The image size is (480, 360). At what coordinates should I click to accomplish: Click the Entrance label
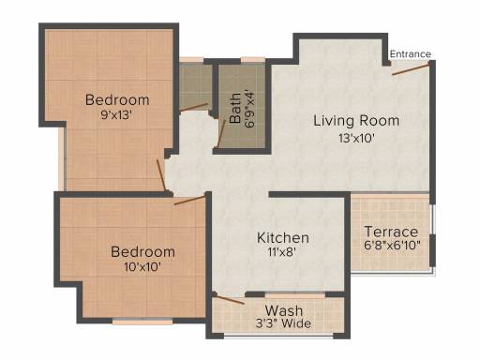411,54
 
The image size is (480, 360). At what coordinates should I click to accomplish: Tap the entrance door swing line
411,69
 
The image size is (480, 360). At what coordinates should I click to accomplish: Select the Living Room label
356,121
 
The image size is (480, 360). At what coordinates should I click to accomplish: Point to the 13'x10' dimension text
356,138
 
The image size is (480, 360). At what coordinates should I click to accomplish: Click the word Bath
235,108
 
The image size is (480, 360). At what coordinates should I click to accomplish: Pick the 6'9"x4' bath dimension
250,109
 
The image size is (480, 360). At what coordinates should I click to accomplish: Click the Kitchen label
283,238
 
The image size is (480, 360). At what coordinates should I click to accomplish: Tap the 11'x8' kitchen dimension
281,252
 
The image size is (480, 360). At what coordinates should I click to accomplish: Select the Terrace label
391,232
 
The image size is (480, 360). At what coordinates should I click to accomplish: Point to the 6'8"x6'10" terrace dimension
392,245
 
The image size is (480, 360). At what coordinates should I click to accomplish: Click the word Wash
284,311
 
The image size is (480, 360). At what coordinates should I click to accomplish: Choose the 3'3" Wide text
283,323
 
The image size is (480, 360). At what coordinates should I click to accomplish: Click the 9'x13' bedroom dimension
117,115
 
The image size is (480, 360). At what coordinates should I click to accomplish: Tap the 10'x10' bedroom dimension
142,267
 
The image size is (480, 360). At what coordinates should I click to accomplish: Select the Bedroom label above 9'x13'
117,100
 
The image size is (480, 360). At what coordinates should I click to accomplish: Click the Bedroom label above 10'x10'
142,252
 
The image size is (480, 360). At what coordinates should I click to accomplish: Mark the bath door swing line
221,133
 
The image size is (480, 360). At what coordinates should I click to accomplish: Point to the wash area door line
230,299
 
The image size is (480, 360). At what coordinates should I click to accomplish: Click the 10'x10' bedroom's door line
189,200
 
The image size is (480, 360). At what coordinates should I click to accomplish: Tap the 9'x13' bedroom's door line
160,175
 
